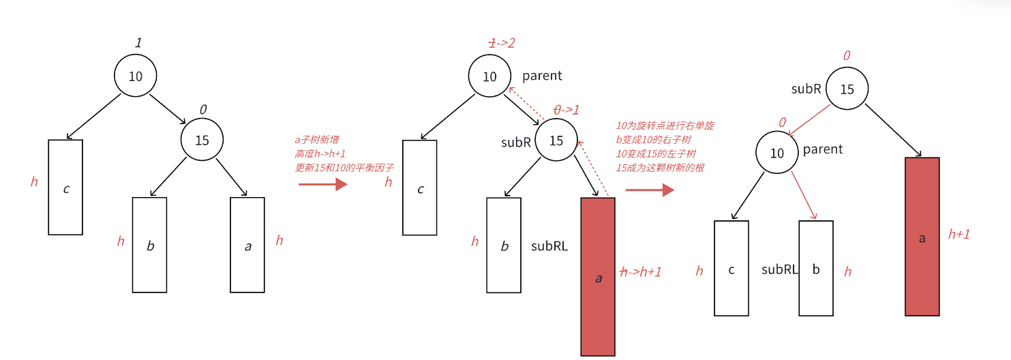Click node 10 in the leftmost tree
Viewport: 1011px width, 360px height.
click(x=136, y=76)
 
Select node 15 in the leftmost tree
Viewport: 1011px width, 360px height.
click(x=202, y=140)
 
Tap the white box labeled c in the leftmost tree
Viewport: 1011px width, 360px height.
click(x=65, y=187)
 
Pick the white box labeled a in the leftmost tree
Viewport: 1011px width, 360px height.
click(x=247, y=245)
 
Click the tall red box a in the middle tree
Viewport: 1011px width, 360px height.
click(x=598, y=276)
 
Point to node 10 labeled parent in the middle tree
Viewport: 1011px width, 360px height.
click(x=489, y=76)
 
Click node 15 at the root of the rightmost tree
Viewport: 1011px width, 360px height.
click(x=847, y=89)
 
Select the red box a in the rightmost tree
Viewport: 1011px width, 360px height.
click(x=922, y=237)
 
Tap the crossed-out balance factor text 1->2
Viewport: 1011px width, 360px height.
click(x=501, y=43)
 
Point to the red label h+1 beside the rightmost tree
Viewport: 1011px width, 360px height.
click(x=959, y=234)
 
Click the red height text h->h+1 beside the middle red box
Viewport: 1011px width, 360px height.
click(x=640, y=271)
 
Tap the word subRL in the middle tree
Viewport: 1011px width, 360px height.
click(x=549, y=246)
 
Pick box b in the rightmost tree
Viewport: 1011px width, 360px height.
click(x=816, y=269)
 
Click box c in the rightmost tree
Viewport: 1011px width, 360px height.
click(x=731, y=269)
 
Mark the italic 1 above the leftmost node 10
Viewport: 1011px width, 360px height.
click(x=138, y=43)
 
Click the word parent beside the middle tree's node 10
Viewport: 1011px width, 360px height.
click(x=542, y=76)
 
